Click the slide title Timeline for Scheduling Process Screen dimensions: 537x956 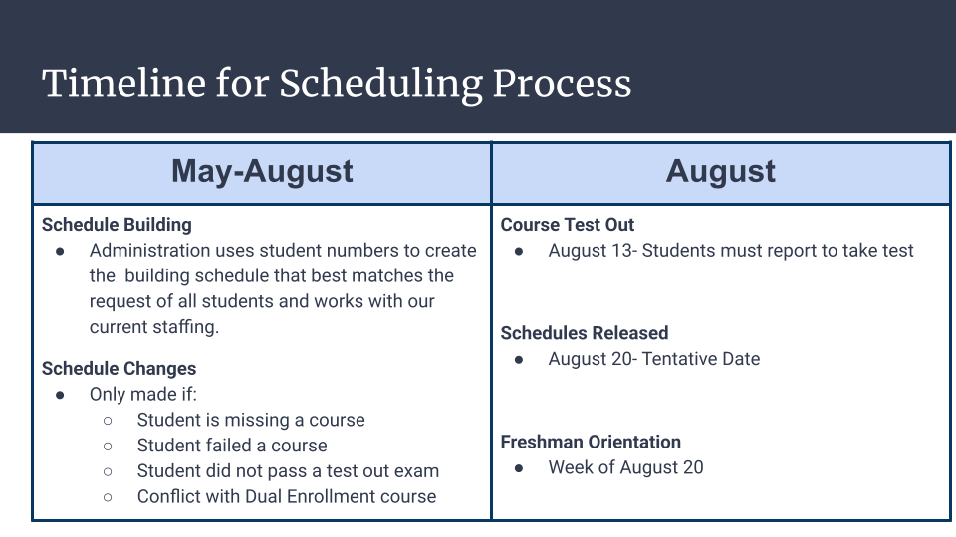[x=337, y=84]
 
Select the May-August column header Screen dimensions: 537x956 [x=262, y=171]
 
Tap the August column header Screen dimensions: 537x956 [x=720, y=171]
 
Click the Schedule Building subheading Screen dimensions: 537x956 [x=117, y=225]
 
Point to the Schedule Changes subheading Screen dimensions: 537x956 [x=119, y=369]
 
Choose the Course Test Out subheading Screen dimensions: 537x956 [x=568, y=225]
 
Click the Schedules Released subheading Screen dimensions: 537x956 [x=585, y=333]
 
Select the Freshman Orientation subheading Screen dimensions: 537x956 [x=591, y=442]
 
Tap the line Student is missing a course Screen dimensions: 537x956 [x=251, y=420]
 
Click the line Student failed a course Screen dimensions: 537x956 [x=232, y=446]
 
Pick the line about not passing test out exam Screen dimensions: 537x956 [x=288, y=471]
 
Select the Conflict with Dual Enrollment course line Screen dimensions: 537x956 [x=287, y=496]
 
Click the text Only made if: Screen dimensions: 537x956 [x=143, y=395]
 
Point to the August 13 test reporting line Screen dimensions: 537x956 [x=730, y=251]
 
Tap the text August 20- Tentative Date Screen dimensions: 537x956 [x=653, y=359]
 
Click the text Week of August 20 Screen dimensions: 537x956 [x=625, y=467]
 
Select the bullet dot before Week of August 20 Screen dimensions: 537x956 [x=519, y=468]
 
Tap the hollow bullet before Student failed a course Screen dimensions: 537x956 [x=108, y=447]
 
